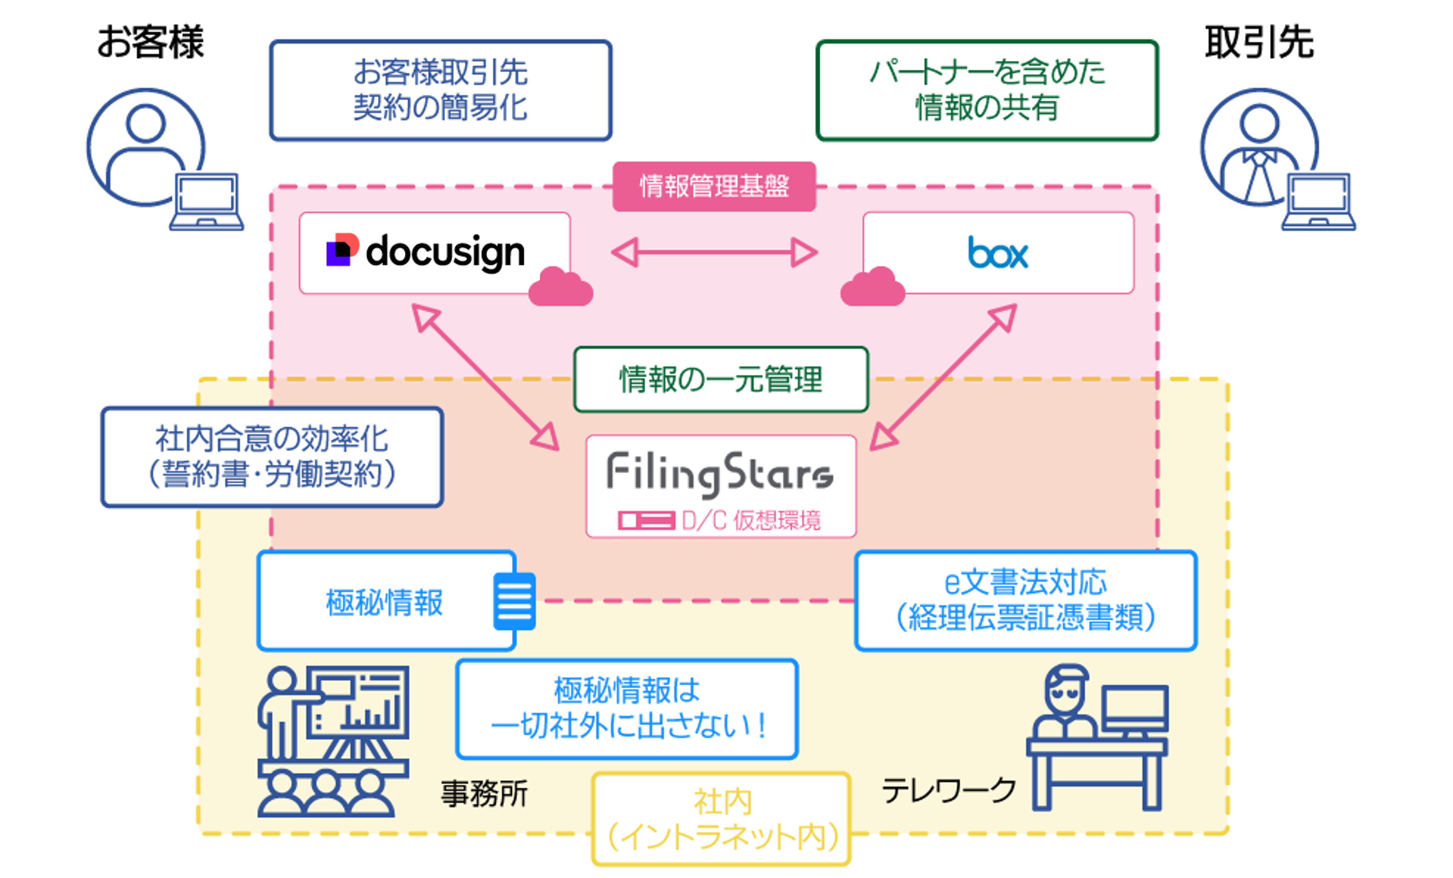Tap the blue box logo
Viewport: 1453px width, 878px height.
click(998, 253)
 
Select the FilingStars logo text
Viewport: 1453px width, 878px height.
click(720, 473)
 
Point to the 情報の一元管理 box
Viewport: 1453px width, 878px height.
click(720, 379)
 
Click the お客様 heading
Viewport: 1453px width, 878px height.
click(150, 42)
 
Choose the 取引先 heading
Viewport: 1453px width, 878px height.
click(1259, 42)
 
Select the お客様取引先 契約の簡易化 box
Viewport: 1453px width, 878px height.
click(440, 90)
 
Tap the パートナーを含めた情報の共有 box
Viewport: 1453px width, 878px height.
click(987, 90)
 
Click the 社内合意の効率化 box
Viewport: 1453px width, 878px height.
click(272, 457)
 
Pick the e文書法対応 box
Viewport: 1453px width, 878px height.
click(1026, 601)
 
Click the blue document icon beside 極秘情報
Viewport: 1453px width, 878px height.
click(514, 601)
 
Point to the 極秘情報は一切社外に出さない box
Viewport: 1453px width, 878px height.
click(627, 708)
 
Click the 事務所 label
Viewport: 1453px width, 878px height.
click(484, 793)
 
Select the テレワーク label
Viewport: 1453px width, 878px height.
click(948, 790)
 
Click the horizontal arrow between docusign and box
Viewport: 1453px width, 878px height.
click(714, 253)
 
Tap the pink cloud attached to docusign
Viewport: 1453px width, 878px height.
click(560, 287)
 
